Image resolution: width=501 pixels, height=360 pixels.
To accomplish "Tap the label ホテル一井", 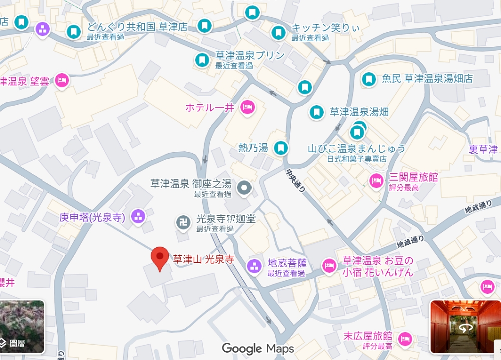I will pos(210,107).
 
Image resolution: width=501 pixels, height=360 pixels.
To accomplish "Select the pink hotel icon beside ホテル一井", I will pos(246,107).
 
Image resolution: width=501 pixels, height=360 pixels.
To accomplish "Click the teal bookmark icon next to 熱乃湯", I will pos(281,148).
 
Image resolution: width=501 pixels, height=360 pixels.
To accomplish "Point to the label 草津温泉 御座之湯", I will pos(191,184).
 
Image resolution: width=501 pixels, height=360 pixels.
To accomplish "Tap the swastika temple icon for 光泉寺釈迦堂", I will pos(183,221).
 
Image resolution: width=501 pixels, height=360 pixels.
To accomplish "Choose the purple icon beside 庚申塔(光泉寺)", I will pos(137,217).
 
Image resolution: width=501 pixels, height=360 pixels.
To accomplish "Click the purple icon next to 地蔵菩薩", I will pos(255,266).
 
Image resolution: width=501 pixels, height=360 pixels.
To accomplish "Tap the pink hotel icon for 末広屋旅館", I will pos(405,339).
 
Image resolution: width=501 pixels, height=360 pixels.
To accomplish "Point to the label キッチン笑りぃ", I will pos(326,28).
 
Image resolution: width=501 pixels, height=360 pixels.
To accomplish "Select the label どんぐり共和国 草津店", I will pos(137,27).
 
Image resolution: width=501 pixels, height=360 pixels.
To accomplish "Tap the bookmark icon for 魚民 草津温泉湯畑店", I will pos(369,79).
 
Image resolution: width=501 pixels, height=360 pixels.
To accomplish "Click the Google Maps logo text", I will pos(258,348).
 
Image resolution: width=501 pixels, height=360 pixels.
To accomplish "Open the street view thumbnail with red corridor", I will pos(465,327).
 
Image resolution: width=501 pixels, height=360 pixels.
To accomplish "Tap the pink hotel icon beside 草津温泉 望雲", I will pos(62,80).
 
